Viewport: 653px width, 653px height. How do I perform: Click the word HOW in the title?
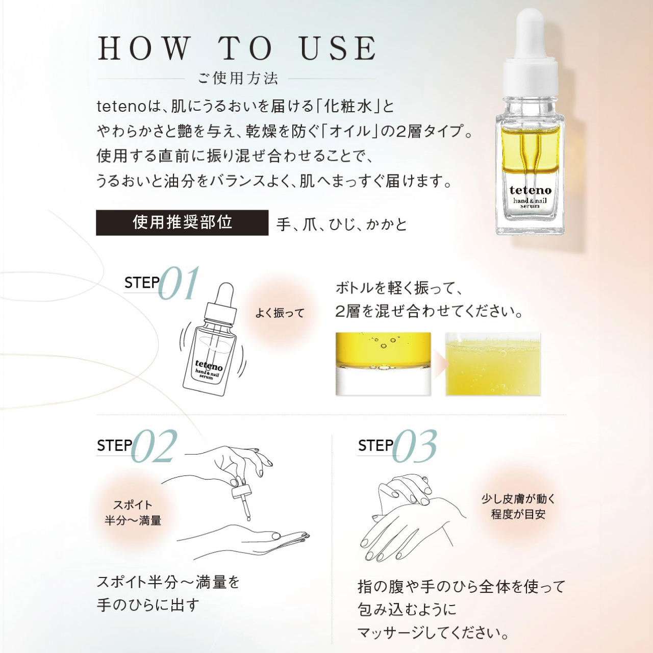[142, 48]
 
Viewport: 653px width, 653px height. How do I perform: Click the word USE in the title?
[338, 48]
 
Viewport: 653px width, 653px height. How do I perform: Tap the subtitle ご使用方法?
[238, 78]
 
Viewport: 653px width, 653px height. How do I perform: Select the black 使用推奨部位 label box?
[182, 222]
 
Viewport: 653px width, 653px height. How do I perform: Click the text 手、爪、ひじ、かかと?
[342, 224]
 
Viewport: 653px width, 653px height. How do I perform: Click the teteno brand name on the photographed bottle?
[531, 190]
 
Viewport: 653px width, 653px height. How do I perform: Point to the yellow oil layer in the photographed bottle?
[530, 149]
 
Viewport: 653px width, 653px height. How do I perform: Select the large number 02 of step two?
[154, 446]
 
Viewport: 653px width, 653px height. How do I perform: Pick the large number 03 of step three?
[415, 446]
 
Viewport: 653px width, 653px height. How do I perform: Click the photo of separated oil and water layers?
[383, 364]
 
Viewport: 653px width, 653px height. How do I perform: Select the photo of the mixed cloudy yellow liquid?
[493, 364]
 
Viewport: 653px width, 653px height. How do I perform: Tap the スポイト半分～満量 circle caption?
[133, 513]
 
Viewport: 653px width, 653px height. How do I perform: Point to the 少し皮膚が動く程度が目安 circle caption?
[518, 507]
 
